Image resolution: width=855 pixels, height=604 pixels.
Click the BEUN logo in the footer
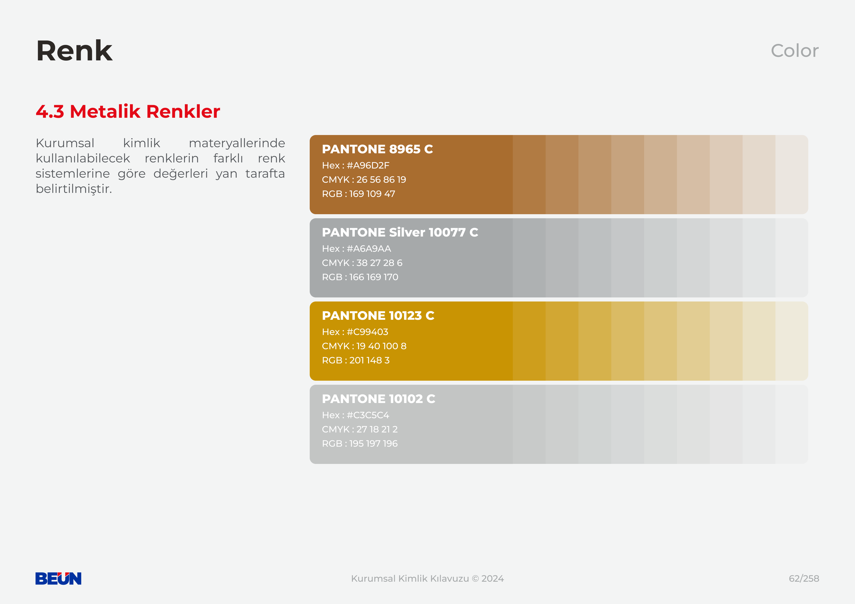tap(58, 578)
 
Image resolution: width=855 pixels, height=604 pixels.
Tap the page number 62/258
tap(804, 578)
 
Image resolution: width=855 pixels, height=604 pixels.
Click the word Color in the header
tap(795, 51)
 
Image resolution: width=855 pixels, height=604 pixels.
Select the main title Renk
tap(74, 51)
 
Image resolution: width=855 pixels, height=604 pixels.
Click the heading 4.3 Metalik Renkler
tap(128, 111)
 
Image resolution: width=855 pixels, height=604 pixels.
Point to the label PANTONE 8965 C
tap(377, 149)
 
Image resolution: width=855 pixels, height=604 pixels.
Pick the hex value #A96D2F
tap(368, 165)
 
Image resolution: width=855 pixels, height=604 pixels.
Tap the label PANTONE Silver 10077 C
tap(400, 232)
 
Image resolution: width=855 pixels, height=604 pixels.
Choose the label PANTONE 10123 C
tap(378, 315)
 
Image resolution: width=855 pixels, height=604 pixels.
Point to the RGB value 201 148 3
tap(369, 360)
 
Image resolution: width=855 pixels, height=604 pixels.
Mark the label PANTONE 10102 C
tap(378, 399)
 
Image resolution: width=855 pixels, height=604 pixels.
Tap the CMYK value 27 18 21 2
tap(377, 429)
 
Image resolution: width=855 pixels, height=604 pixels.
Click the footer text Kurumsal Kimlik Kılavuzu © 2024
tap(427, 578)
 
